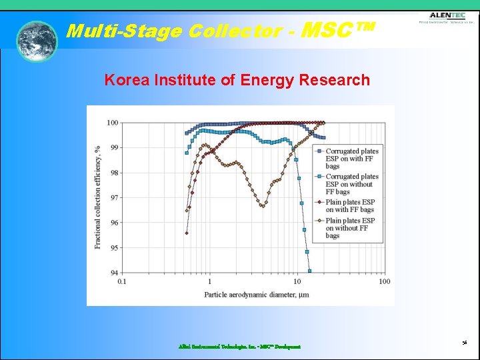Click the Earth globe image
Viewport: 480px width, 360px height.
click(37, 41)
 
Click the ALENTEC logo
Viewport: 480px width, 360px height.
click(447, 17)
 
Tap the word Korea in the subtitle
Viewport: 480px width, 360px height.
click(127, 81)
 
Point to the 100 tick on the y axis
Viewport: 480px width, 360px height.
click(112, 123)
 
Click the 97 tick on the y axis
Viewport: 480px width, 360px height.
click(114, 198)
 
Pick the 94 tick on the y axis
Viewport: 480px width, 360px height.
click(114, 273)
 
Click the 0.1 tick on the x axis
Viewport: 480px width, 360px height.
click(121, 281)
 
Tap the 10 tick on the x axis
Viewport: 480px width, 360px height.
click(297, 281)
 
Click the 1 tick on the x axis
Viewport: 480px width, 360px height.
click(209, 281)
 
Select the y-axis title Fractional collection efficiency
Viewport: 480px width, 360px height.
click(98, 197)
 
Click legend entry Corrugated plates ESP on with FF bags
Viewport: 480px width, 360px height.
click(351, 159)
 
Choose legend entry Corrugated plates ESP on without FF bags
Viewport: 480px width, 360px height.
click(351, 184)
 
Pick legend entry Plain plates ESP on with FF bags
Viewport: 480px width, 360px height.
click(350, 206)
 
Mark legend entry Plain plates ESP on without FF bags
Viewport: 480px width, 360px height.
click(350, 228)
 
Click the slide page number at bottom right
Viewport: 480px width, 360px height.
click(464, 342)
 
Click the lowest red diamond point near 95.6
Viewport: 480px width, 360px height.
click(187, 233)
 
